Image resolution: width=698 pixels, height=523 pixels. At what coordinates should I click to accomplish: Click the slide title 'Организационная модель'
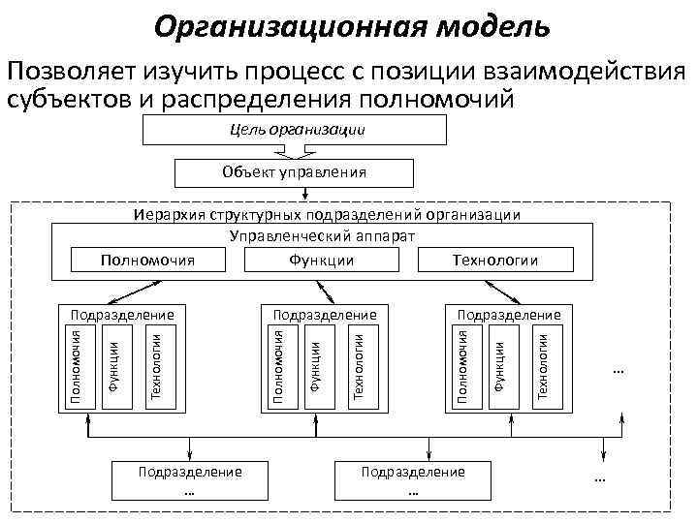(x=351, y=26)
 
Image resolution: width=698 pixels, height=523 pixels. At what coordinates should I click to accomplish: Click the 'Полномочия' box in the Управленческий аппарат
(x=148, y=260)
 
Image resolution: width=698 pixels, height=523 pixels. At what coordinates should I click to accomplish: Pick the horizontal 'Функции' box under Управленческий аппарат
(x=321, y=260)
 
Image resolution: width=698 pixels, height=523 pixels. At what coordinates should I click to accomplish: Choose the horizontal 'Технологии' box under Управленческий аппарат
(x=494, y=260)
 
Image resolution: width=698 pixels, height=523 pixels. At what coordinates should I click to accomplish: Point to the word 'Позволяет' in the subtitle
(x=71, y=72)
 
